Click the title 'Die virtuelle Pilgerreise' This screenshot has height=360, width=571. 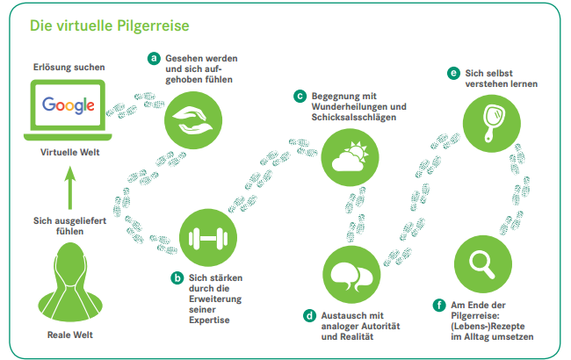(110, 25)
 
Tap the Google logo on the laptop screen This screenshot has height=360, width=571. (69, 104)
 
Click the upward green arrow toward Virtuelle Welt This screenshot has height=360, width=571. (70, 188)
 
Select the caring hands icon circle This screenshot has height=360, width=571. (193, 120)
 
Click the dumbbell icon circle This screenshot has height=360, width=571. (208, 238)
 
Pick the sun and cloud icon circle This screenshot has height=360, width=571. (350, 157)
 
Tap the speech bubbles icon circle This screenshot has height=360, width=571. (351, 275)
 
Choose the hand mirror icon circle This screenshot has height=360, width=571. (492, 124)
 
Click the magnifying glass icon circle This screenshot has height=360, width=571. (483, 264)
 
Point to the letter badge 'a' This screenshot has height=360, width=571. (154, 58)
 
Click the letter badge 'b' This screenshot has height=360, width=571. (177, 278)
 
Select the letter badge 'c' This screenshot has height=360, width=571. (300, 97)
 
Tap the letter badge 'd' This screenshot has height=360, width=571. (309, 315)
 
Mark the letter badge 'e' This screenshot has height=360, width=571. (454, 73)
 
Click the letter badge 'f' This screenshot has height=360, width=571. (439, 305)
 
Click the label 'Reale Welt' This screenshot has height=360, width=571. (70, 335)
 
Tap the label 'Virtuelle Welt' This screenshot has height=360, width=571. (70, 152)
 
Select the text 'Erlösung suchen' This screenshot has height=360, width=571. (69, 68)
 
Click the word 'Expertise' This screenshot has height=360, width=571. (209, 320)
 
